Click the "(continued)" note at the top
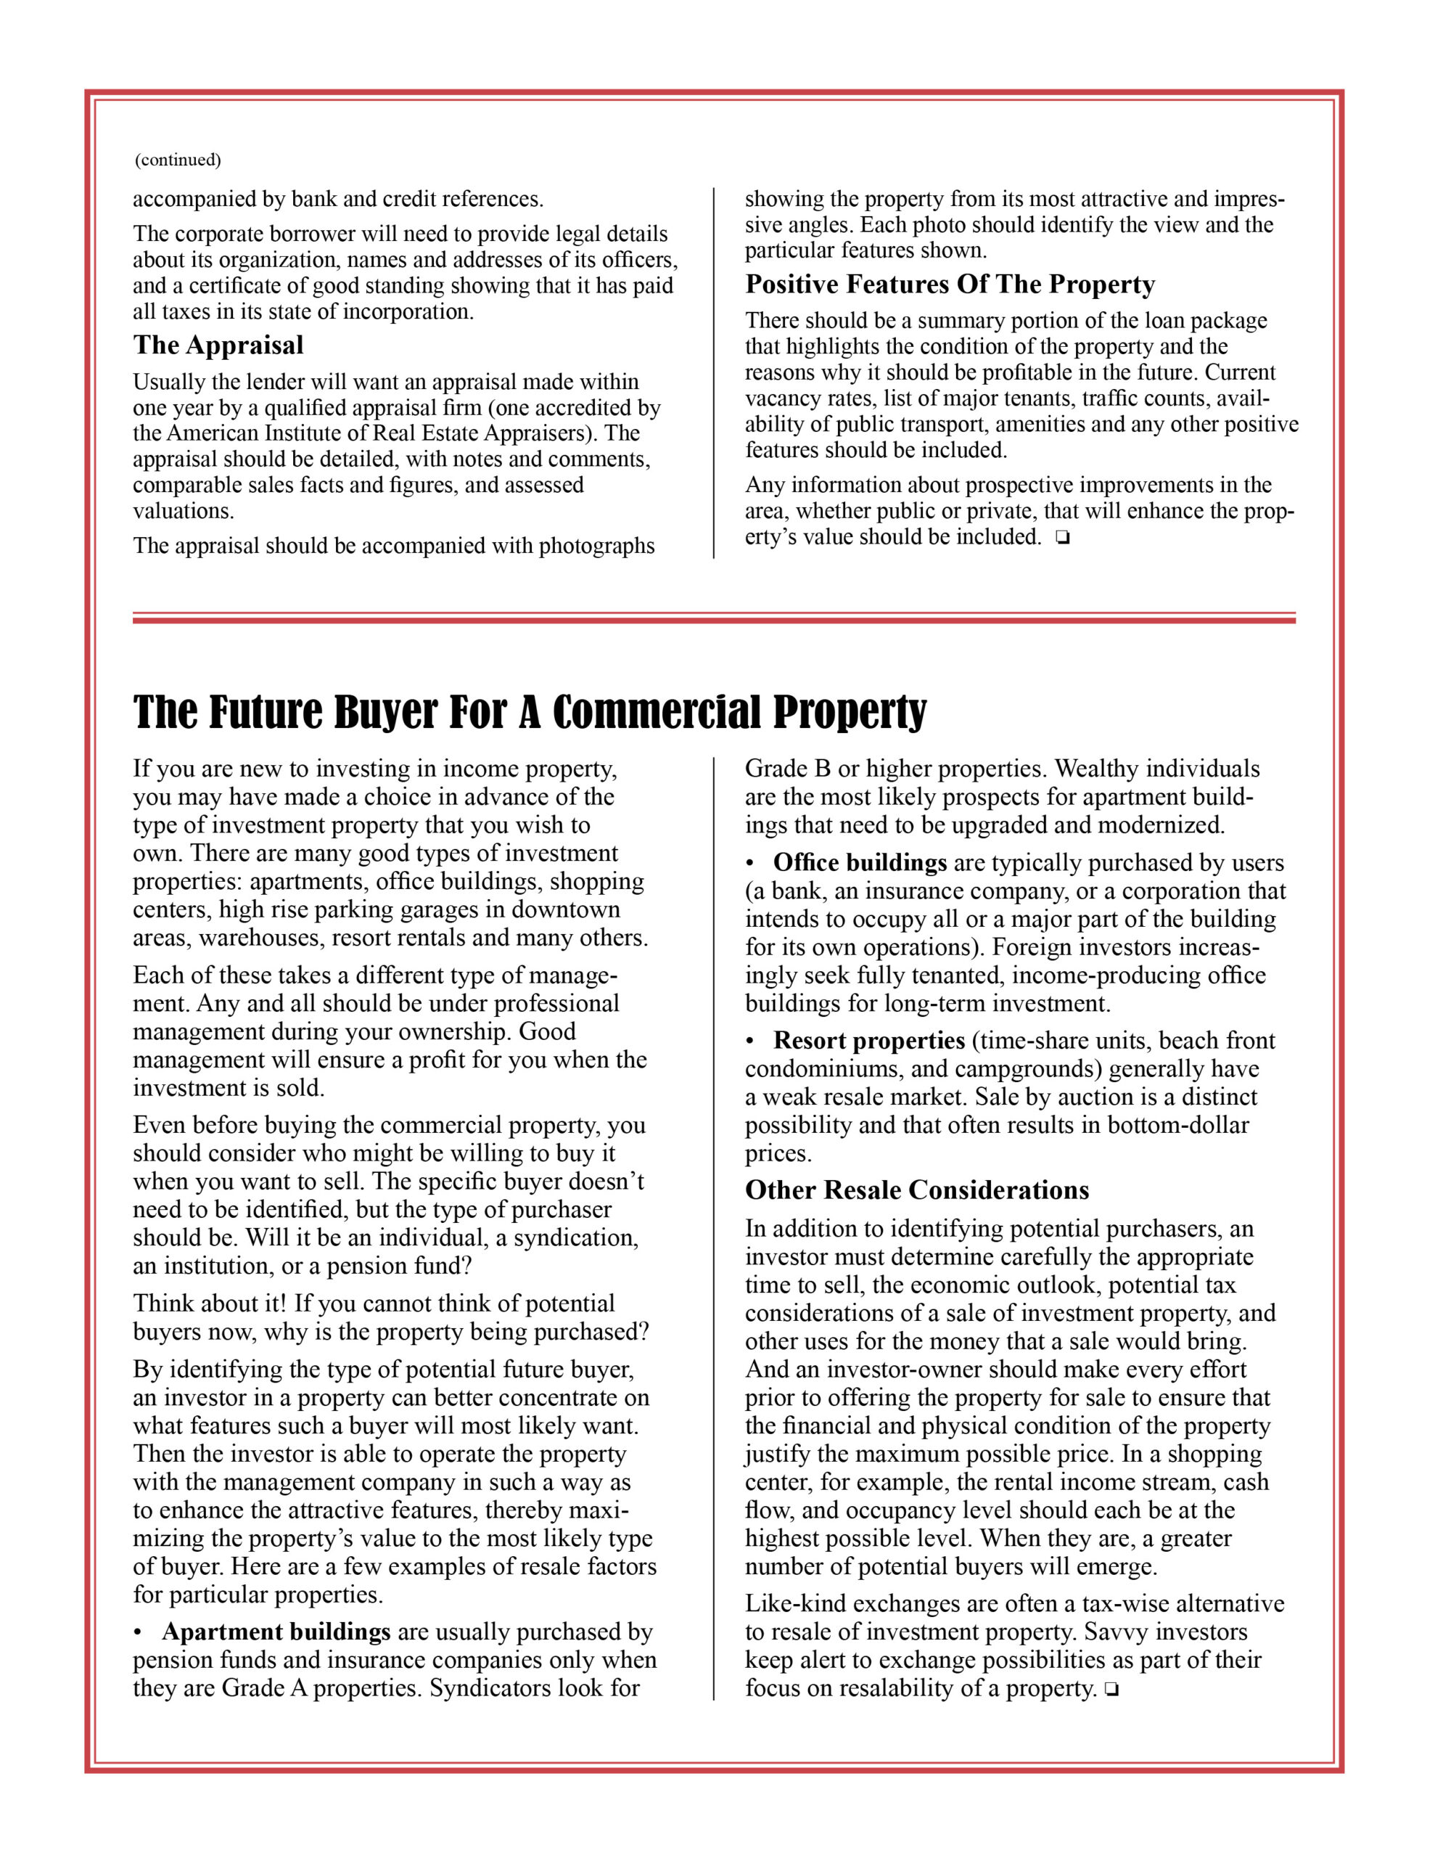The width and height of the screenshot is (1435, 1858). coord(178,160)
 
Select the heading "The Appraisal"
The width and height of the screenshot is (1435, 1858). coord(218,345)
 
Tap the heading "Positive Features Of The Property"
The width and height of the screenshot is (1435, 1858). coord(950,285)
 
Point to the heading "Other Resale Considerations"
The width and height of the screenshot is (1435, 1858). coord(916,1190)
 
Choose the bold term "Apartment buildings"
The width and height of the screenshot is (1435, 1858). coord(276,1632)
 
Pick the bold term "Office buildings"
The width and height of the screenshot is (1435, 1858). coord(859,863)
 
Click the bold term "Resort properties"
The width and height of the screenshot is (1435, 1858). coord(868,1041)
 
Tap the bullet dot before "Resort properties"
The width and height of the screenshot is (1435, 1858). coord(750,1041)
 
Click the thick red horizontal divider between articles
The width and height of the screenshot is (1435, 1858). coord(713,621)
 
